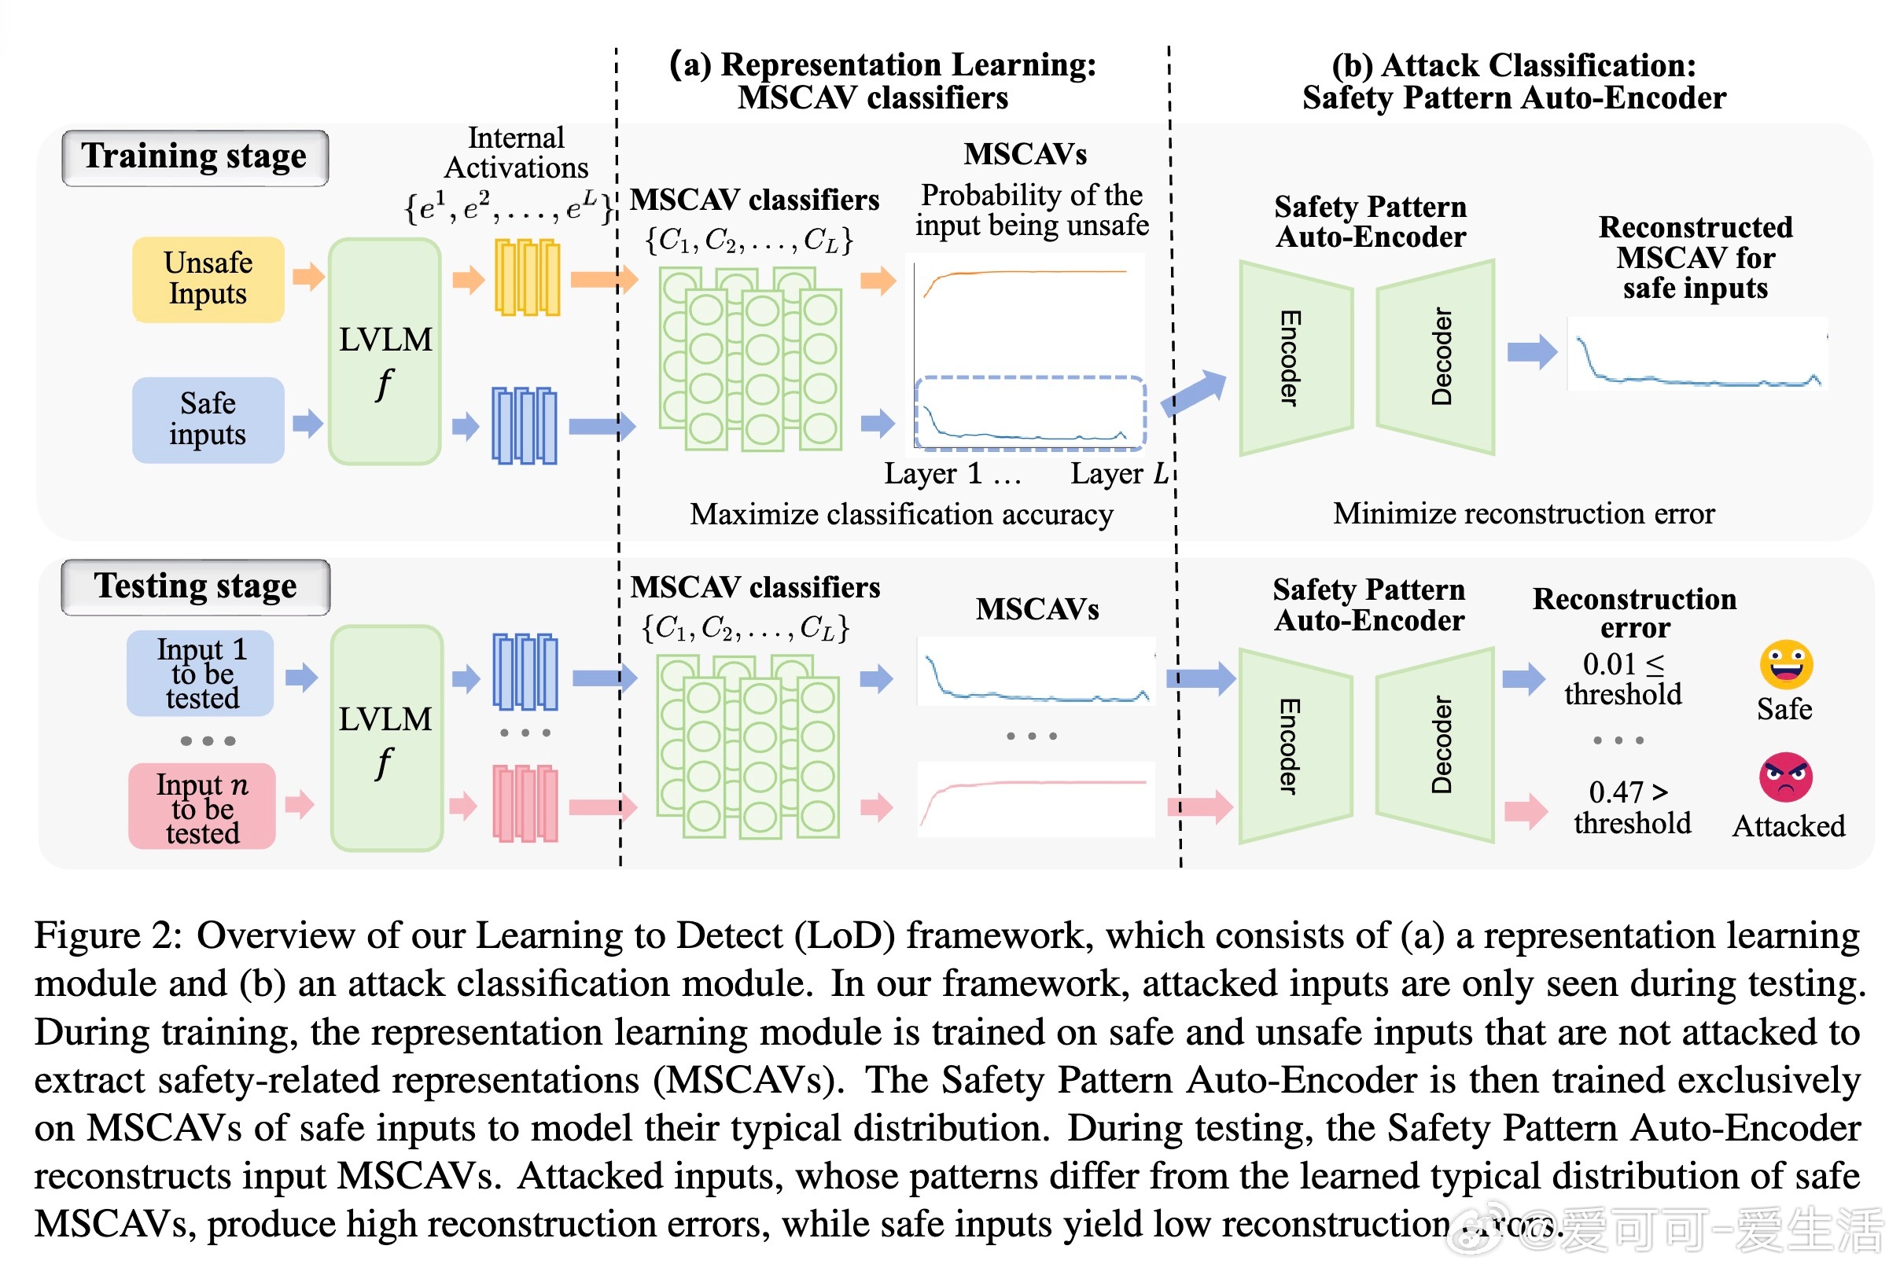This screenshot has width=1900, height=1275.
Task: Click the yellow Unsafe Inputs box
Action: click(208, 279)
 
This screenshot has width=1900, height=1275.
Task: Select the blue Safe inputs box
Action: click(208, 420)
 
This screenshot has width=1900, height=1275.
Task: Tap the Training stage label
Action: click(195, 157)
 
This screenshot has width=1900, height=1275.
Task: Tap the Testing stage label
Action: click(195, 586)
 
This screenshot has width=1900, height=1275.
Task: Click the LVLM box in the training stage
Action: click(385, 351)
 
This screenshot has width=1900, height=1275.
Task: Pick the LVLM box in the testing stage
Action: click(386, 737)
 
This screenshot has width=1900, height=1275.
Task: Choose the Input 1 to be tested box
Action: click(201, 674)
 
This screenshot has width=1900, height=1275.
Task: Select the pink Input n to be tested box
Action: click(201, 807)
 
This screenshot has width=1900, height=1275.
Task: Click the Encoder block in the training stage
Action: click(1295, 358)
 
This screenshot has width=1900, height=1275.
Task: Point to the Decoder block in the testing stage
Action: click(1435, 745)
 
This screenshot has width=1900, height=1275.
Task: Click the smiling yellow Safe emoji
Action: click(1786, 664)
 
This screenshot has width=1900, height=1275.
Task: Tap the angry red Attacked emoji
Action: click(1786, 777)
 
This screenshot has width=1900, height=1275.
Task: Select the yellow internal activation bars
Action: click(527, 277)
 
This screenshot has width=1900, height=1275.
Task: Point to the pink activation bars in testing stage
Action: click(525, 803)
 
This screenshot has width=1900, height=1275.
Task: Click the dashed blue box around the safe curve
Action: click(1029, 412)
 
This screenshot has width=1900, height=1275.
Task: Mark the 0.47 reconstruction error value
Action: click(1616, 792)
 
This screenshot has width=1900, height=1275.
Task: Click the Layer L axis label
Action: click(1118, 473)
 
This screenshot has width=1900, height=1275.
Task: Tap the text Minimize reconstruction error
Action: click(1523, 514)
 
